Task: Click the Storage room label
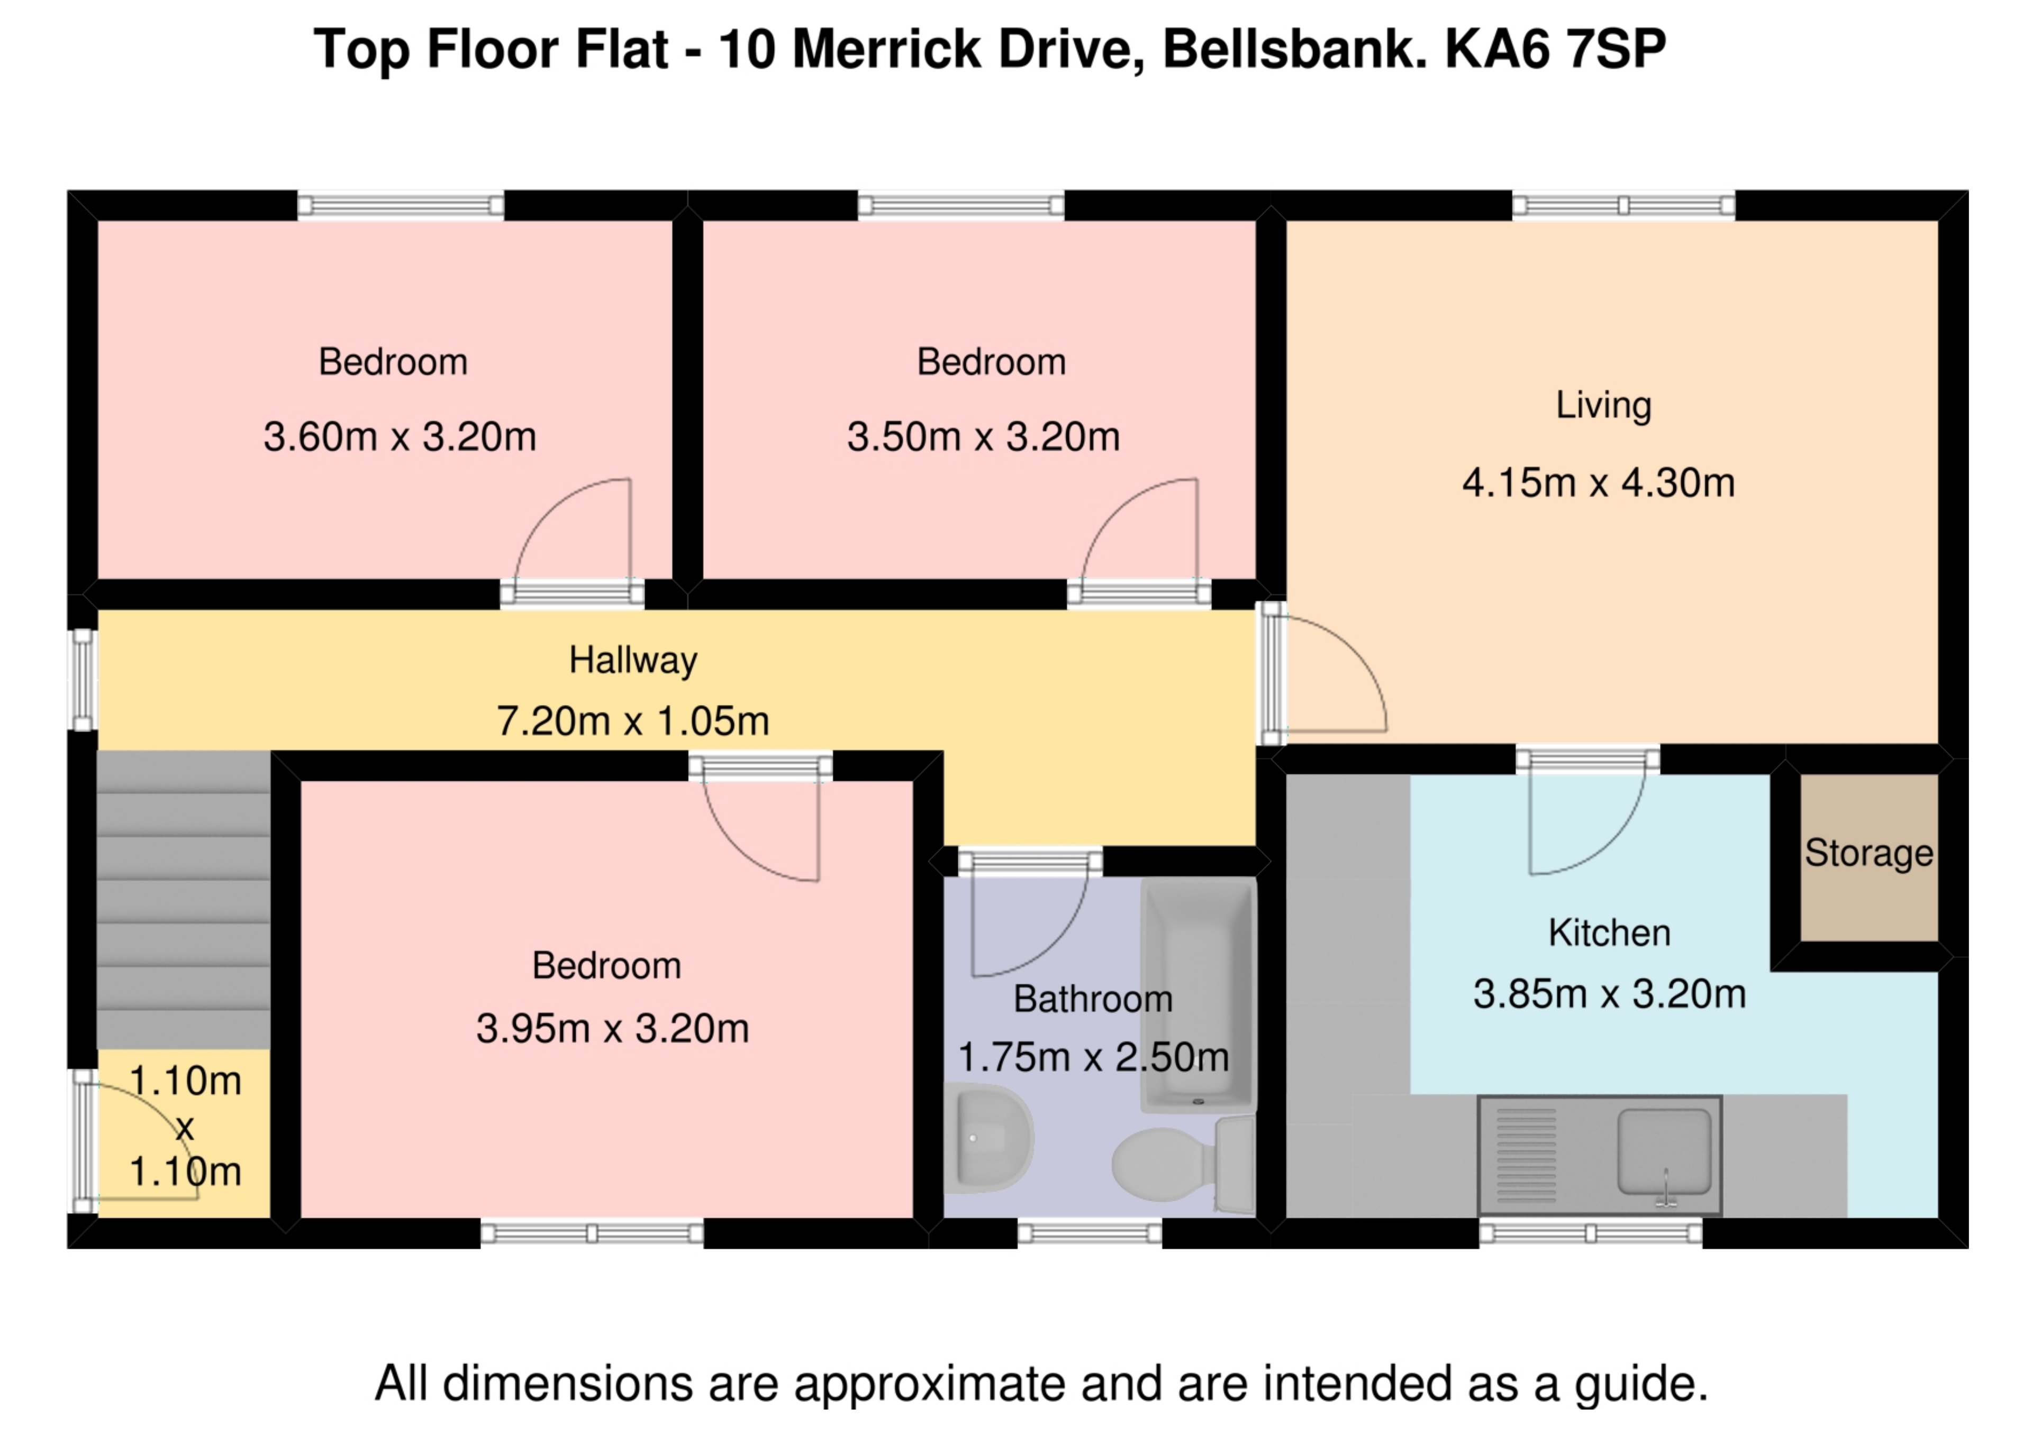point(1868,854)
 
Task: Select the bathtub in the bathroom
point(1199,995)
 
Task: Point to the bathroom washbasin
point(987,1139)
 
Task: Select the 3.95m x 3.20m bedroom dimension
point(612,1029)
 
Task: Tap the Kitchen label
point(1609,934)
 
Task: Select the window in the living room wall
point(1623,206)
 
